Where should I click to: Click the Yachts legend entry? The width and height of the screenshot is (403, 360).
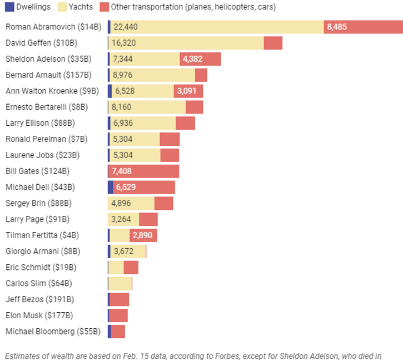[x=81, y=7]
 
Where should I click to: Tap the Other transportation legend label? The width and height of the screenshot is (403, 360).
[x=193, y=7]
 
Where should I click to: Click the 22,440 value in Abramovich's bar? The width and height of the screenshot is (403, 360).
[x=125, y=27]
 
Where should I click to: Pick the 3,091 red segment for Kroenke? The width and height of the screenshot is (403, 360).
[x=188, y=91]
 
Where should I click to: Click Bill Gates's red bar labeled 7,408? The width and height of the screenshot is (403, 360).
[x=143, y=171]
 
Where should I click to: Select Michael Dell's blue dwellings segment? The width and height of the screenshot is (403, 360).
[x=110, y=187]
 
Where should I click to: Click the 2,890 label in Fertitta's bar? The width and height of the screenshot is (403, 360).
[x=142, y=235]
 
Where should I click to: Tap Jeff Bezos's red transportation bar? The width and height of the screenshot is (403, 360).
[x=119, y=299]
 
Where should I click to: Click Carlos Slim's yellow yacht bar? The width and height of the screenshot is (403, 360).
[x=120, y=283]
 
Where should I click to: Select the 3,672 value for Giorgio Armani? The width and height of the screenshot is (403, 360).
[x=123, y=251]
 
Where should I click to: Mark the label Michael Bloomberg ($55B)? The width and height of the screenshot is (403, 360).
[x=53, y=332]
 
